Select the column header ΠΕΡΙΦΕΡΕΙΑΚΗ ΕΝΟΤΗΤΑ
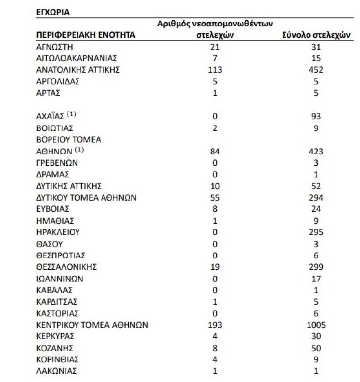[x=86, y=35]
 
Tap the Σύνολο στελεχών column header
[x=316, y=35]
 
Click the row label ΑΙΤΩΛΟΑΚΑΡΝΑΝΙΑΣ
[x=73, y=58]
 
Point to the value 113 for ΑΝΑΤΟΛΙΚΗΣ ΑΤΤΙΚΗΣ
[x=215, y=70]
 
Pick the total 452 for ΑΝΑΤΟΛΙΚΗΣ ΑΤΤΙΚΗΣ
[x=316, y=70]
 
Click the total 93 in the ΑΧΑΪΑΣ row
[x=316, y=116]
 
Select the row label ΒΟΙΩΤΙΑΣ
[x=55, y=128]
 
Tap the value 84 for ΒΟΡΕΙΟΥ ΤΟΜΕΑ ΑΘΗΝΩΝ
[x=215, y=151]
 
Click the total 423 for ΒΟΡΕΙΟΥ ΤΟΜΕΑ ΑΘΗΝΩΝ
[x=316, y=151]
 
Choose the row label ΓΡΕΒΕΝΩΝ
[x=57, y=162]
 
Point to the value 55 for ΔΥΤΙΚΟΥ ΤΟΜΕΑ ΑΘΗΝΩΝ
[x=215, y=197]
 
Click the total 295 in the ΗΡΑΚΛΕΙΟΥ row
[x=316, y=232]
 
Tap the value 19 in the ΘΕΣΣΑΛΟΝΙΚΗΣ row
[x=215, y=267]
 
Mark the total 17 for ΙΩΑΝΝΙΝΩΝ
[x=316, y=279]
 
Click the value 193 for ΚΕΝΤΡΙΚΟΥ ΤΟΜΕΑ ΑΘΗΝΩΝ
[x=215, y=325]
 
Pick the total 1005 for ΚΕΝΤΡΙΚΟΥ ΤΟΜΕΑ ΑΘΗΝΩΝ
[x=316, y=325]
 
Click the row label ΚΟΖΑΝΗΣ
[x=55, y=348]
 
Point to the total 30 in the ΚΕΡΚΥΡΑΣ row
[x=316, y=336]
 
